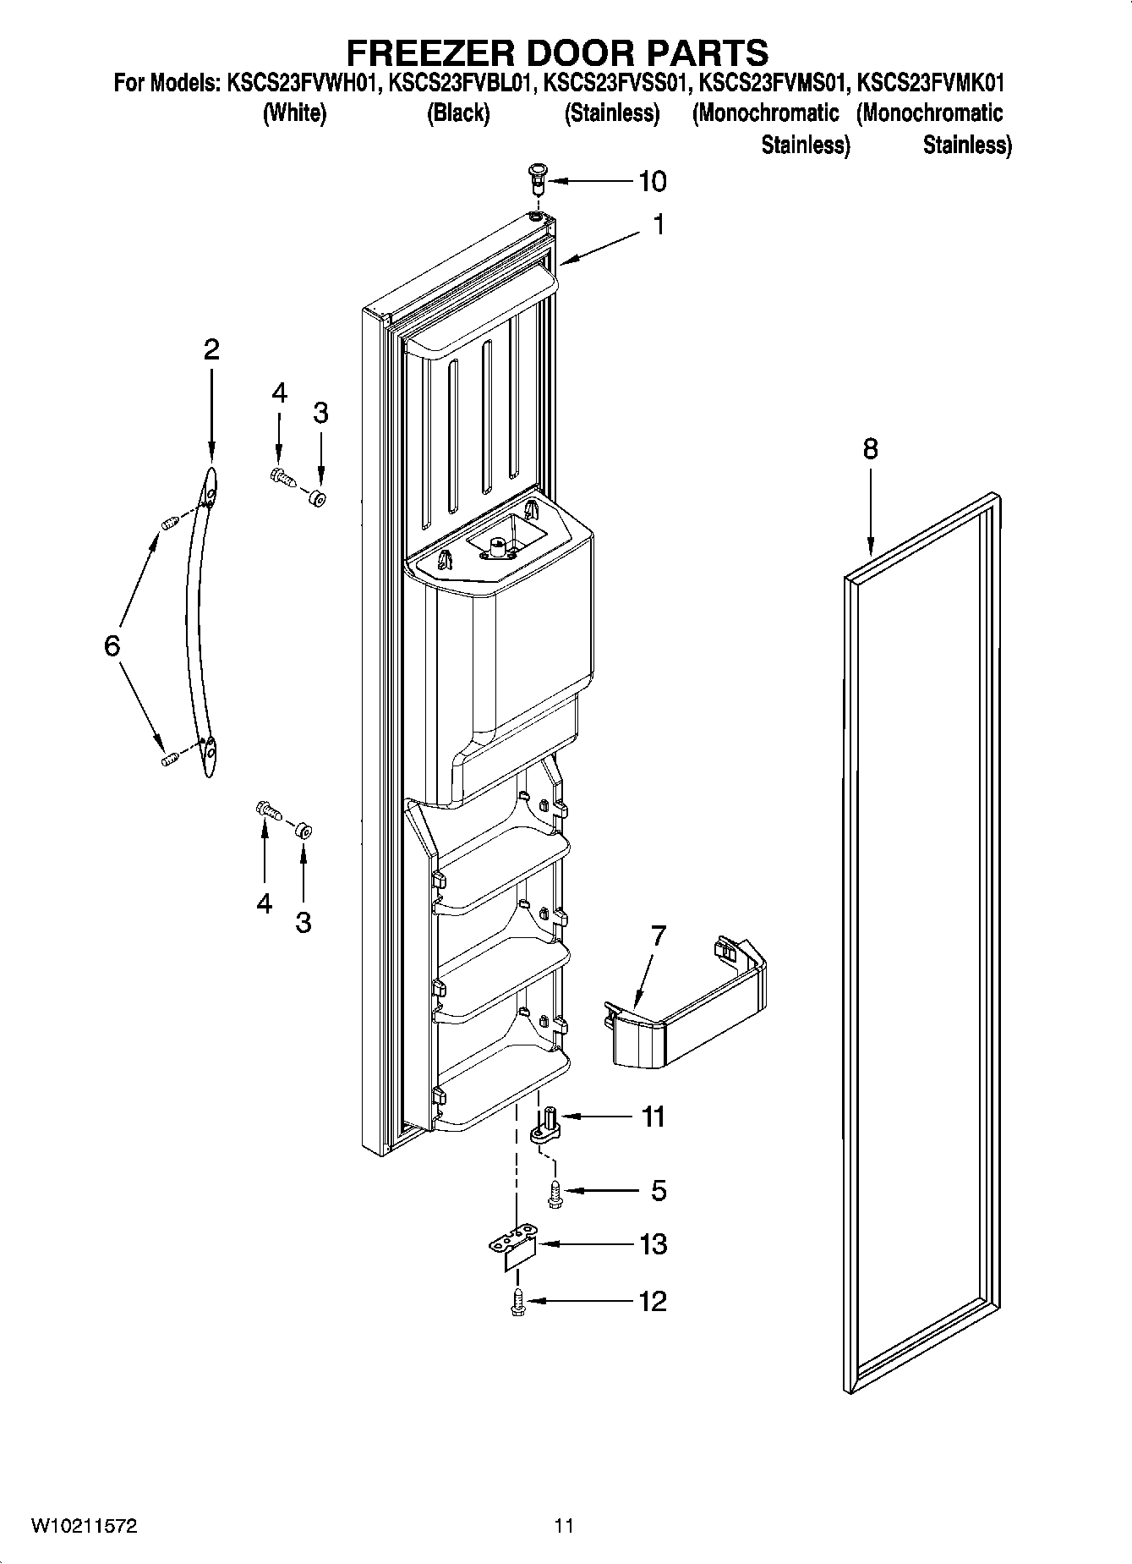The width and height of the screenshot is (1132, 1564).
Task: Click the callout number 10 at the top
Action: click(652, 181)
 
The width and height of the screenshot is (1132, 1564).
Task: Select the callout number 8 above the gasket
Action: click(870, 448)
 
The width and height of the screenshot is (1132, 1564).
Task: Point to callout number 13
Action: click(653, 1244)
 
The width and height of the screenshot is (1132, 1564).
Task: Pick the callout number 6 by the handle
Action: click(112, 646)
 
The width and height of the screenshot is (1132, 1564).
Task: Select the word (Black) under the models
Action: click(458, 113)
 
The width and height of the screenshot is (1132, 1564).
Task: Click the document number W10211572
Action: click(85, 1526)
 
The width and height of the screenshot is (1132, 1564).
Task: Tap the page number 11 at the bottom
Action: click(564, 1526)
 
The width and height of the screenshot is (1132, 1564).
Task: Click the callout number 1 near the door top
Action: click(658, 225)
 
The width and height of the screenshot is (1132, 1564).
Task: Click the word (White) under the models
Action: click(294, 113)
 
